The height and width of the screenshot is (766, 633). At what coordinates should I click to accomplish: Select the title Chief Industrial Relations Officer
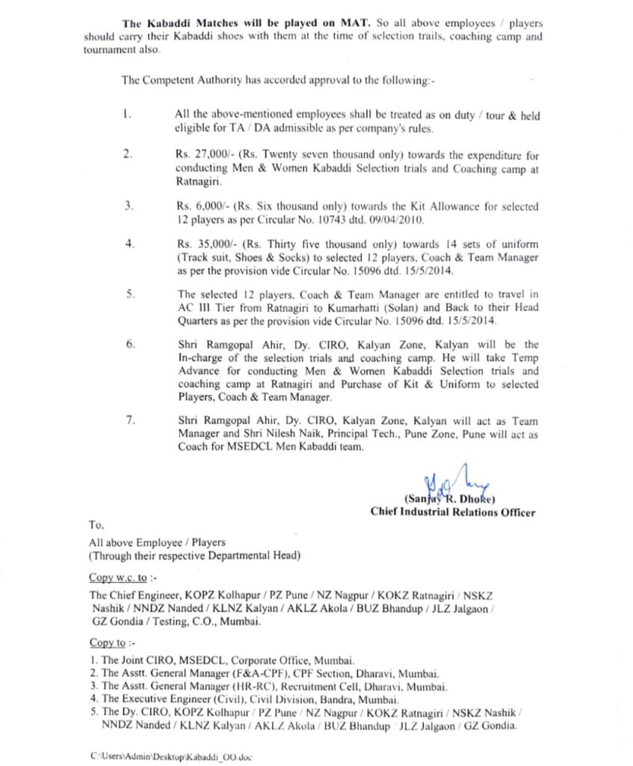coord(452,512)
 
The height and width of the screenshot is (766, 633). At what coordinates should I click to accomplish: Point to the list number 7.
coord(129,422)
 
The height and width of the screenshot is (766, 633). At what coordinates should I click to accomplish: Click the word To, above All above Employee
coord(96,526)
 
